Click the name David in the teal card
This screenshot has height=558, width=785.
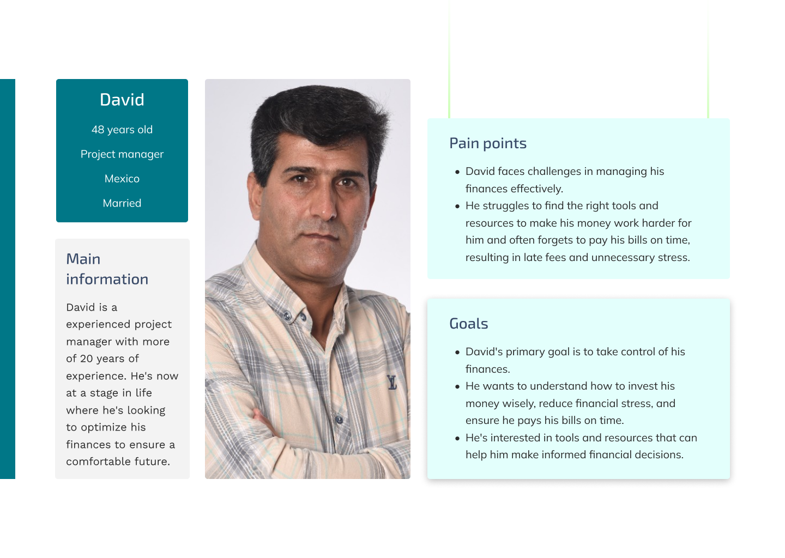(122, 100)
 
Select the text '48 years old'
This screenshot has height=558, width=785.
(122, 130)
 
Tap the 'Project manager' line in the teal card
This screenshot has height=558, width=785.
(122, 154)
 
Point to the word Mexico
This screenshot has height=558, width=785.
(122, 179)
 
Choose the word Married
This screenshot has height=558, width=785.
(122, 203)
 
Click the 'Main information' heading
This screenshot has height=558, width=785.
(107, 269)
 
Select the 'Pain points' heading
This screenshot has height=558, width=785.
(488, 143)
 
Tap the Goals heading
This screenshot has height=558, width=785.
(468, 324)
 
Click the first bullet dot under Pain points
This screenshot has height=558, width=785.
(457, 172)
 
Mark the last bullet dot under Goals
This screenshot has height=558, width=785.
(457, 439)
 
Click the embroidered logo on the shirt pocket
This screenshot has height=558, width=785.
(392, 382)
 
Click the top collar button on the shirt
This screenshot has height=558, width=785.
(287, 314)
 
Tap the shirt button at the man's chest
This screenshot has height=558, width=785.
(339, 420)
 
